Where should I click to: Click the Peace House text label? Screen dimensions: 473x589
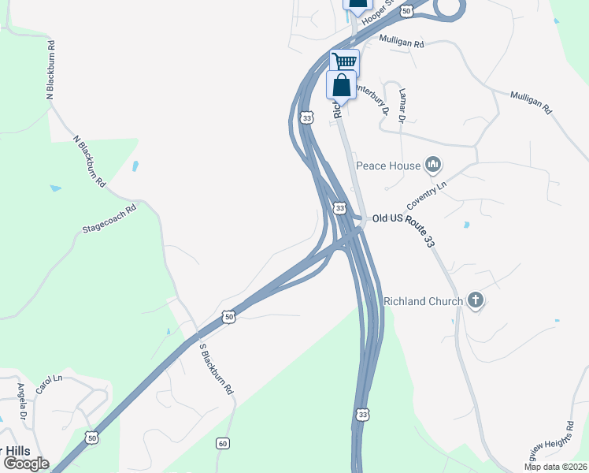tap(389, 166)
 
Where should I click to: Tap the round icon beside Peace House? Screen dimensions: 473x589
tap(432, 165)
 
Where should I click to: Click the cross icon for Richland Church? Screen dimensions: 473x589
tap(475, 300)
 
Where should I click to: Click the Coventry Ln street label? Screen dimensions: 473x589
tap(426, 193)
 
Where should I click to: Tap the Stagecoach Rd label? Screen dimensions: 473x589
tap(109, 221)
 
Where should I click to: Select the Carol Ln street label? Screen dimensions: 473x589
tap(49, 385)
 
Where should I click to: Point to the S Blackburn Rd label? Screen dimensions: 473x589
tap(217, 369)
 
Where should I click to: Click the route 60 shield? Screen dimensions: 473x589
tap(223, 444)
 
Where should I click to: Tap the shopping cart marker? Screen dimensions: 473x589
tap(344, 61)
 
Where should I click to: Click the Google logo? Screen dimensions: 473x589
tap(27, 464)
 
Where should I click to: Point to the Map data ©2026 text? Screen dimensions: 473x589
tap(555, 467)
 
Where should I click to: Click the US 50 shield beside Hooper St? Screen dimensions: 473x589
tap(406, 10)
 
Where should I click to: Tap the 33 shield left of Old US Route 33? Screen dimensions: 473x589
tap(339, 208)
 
